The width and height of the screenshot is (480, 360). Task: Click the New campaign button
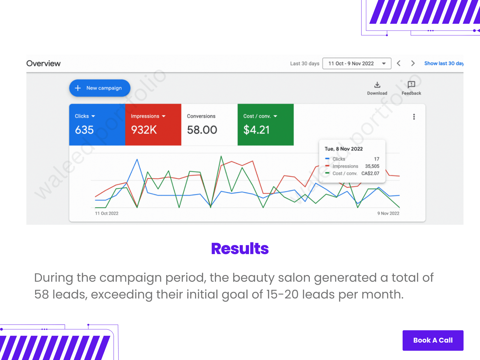coord(100,88)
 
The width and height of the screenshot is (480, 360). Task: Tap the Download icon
coord(377,85)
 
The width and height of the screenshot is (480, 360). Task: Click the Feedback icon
coord(411,84)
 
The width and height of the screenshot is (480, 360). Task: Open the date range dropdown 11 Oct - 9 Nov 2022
coord(357,63)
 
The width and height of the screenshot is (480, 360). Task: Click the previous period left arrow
coord(398,63)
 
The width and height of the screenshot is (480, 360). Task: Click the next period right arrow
coord(412,63)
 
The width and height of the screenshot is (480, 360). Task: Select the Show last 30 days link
coord(444,63)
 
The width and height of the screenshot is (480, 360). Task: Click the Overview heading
coord(43,63)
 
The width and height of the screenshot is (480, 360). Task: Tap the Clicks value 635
coord(84,130)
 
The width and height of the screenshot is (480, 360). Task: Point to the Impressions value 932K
coord(144,130)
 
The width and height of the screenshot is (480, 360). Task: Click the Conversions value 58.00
coord(202,130)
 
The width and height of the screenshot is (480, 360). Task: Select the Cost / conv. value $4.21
coord(256,130)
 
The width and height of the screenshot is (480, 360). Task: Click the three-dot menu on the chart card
coord(414,117)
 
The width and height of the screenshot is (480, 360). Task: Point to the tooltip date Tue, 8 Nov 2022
coord(343,149)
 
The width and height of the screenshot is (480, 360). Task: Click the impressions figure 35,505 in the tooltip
coord(372,166)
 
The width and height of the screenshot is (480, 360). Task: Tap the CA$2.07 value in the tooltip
coord(370,173)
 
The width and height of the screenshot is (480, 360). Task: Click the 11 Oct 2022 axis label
coord(106,213)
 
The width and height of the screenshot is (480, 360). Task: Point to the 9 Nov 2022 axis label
coord(388,213)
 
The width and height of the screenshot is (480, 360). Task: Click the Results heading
coord(240,248)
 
